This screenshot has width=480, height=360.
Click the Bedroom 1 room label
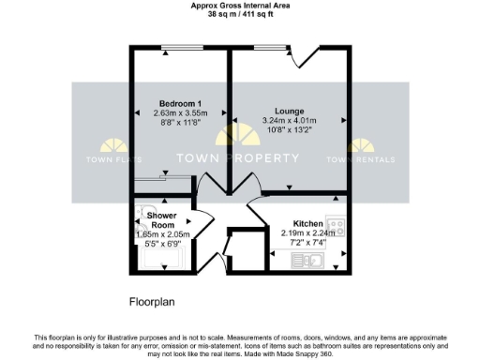coord(179,102)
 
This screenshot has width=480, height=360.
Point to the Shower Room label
coord(162,220)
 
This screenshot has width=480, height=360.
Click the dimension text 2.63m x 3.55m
coord(179,113)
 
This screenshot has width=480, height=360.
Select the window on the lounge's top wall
coord(269,48)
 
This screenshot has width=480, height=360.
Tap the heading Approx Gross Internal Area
coord(241,5)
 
